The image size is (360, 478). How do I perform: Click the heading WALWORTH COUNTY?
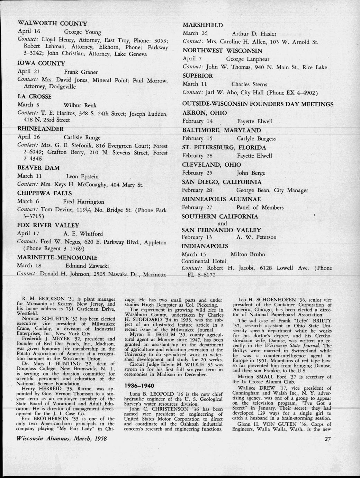(x=52, y=24)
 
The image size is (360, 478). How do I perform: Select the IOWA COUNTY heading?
(x=41, y=63)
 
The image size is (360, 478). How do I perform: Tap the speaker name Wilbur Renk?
(x=80, y=105)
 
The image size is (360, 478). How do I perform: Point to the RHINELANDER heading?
(x=40, y=129)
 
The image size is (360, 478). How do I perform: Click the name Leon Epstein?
(x=82, y=176)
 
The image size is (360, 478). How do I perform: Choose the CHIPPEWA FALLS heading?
(x=44, y=193)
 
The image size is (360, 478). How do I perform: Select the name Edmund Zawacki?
(x=87, y=266)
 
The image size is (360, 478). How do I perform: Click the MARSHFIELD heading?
(x=203, y=25)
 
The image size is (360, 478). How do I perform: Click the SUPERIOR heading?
(x=198, y=76)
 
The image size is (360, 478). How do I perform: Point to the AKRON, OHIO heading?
(x=205, y=113)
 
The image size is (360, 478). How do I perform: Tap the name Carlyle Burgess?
(x=256, y=139)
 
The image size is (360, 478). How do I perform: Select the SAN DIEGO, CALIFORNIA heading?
(x=222, y=182)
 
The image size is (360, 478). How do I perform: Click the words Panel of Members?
(x=260, y=207)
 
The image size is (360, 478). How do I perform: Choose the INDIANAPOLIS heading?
(x=205, y=246)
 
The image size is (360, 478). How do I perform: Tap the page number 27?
(x=328, y=439)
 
